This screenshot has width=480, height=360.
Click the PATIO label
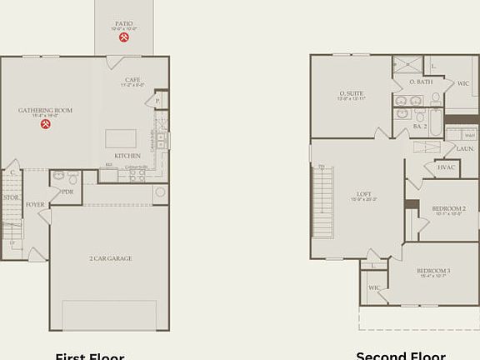click(x=122, y=24)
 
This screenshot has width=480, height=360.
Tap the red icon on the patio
click(x=122, y=37)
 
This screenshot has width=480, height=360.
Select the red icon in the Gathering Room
click(x=47, y=125)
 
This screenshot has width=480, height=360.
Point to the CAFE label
click(x=132, y=80)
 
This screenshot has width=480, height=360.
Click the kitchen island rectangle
click(x=120, y=138)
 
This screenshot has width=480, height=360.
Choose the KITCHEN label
click(x=127, y=156)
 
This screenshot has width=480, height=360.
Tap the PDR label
click(x=67, y=191)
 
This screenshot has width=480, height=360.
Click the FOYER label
click(x=35, y=204)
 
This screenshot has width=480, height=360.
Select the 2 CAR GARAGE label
click(x=109, y=258)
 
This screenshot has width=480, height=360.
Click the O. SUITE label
click(x=350, y=93)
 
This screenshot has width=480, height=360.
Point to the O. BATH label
click(x=419, y=82)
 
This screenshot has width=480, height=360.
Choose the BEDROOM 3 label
click(x=435, y=271)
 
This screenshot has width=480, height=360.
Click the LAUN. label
click(x=465, y=148)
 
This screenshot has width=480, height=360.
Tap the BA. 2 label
click(x=419, y=126)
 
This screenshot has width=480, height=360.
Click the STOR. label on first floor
click(x=10, y=197)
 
